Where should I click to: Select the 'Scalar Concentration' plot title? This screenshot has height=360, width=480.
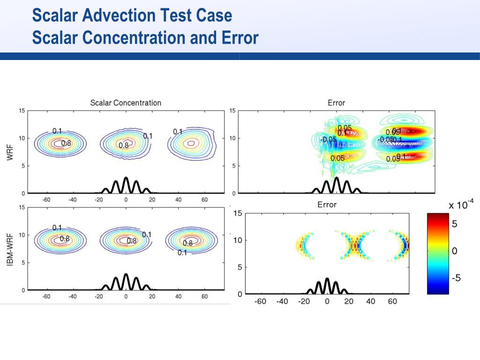click(125, 103)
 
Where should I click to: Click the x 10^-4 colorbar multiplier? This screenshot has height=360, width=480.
click(461, 204)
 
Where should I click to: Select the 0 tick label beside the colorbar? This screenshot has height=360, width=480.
click(454, 251)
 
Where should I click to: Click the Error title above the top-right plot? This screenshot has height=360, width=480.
click(336, 103)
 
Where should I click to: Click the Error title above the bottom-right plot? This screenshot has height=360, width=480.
click(327, 204)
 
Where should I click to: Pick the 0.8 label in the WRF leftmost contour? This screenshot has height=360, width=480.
click(66, 143)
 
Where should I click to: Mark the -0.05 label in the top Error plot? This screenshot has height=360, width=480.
click(328, 139)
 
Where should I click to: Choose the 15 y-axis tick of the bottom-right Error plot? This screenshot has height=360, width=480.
click(238, 213)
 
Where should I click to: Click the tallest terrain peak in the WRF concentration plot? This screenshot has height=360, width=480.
click(126, 178)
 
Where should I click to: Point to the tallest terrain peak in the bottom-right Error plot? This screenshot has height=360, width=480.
click(327, 279)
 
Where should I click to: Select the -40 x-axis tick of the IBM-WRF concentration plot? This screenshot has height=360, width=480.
click(73, 296)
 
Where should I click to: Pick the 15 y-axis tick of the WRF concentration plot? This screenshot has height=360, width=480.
click(22, 111)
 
